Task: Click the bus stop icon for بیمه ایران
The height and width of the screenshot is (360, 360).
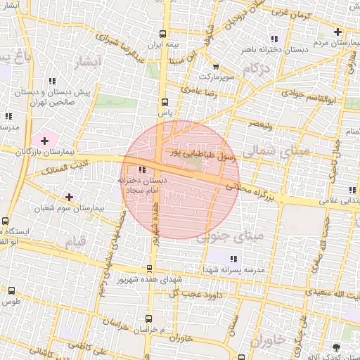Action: [x=163, y=34]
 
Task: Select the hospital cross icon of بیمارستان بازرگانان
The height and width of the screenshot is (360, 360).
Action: [x=45, y=142]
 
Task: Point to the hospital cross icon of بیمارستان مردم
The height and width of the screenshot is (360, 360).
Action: [x=338, y=32]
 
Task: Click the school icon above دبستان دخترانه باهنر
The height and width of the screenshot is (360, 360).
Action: [x=274, y=39]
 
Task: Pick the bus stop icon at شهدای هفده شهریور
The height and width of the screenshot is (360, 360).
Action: [x=149, y=268]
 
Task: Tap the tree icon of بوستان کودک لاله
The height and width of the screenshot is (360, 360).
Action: [x=335, y=347]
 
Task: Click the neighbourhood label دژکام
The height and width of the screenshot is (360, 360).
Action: [x=257, y=69]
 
